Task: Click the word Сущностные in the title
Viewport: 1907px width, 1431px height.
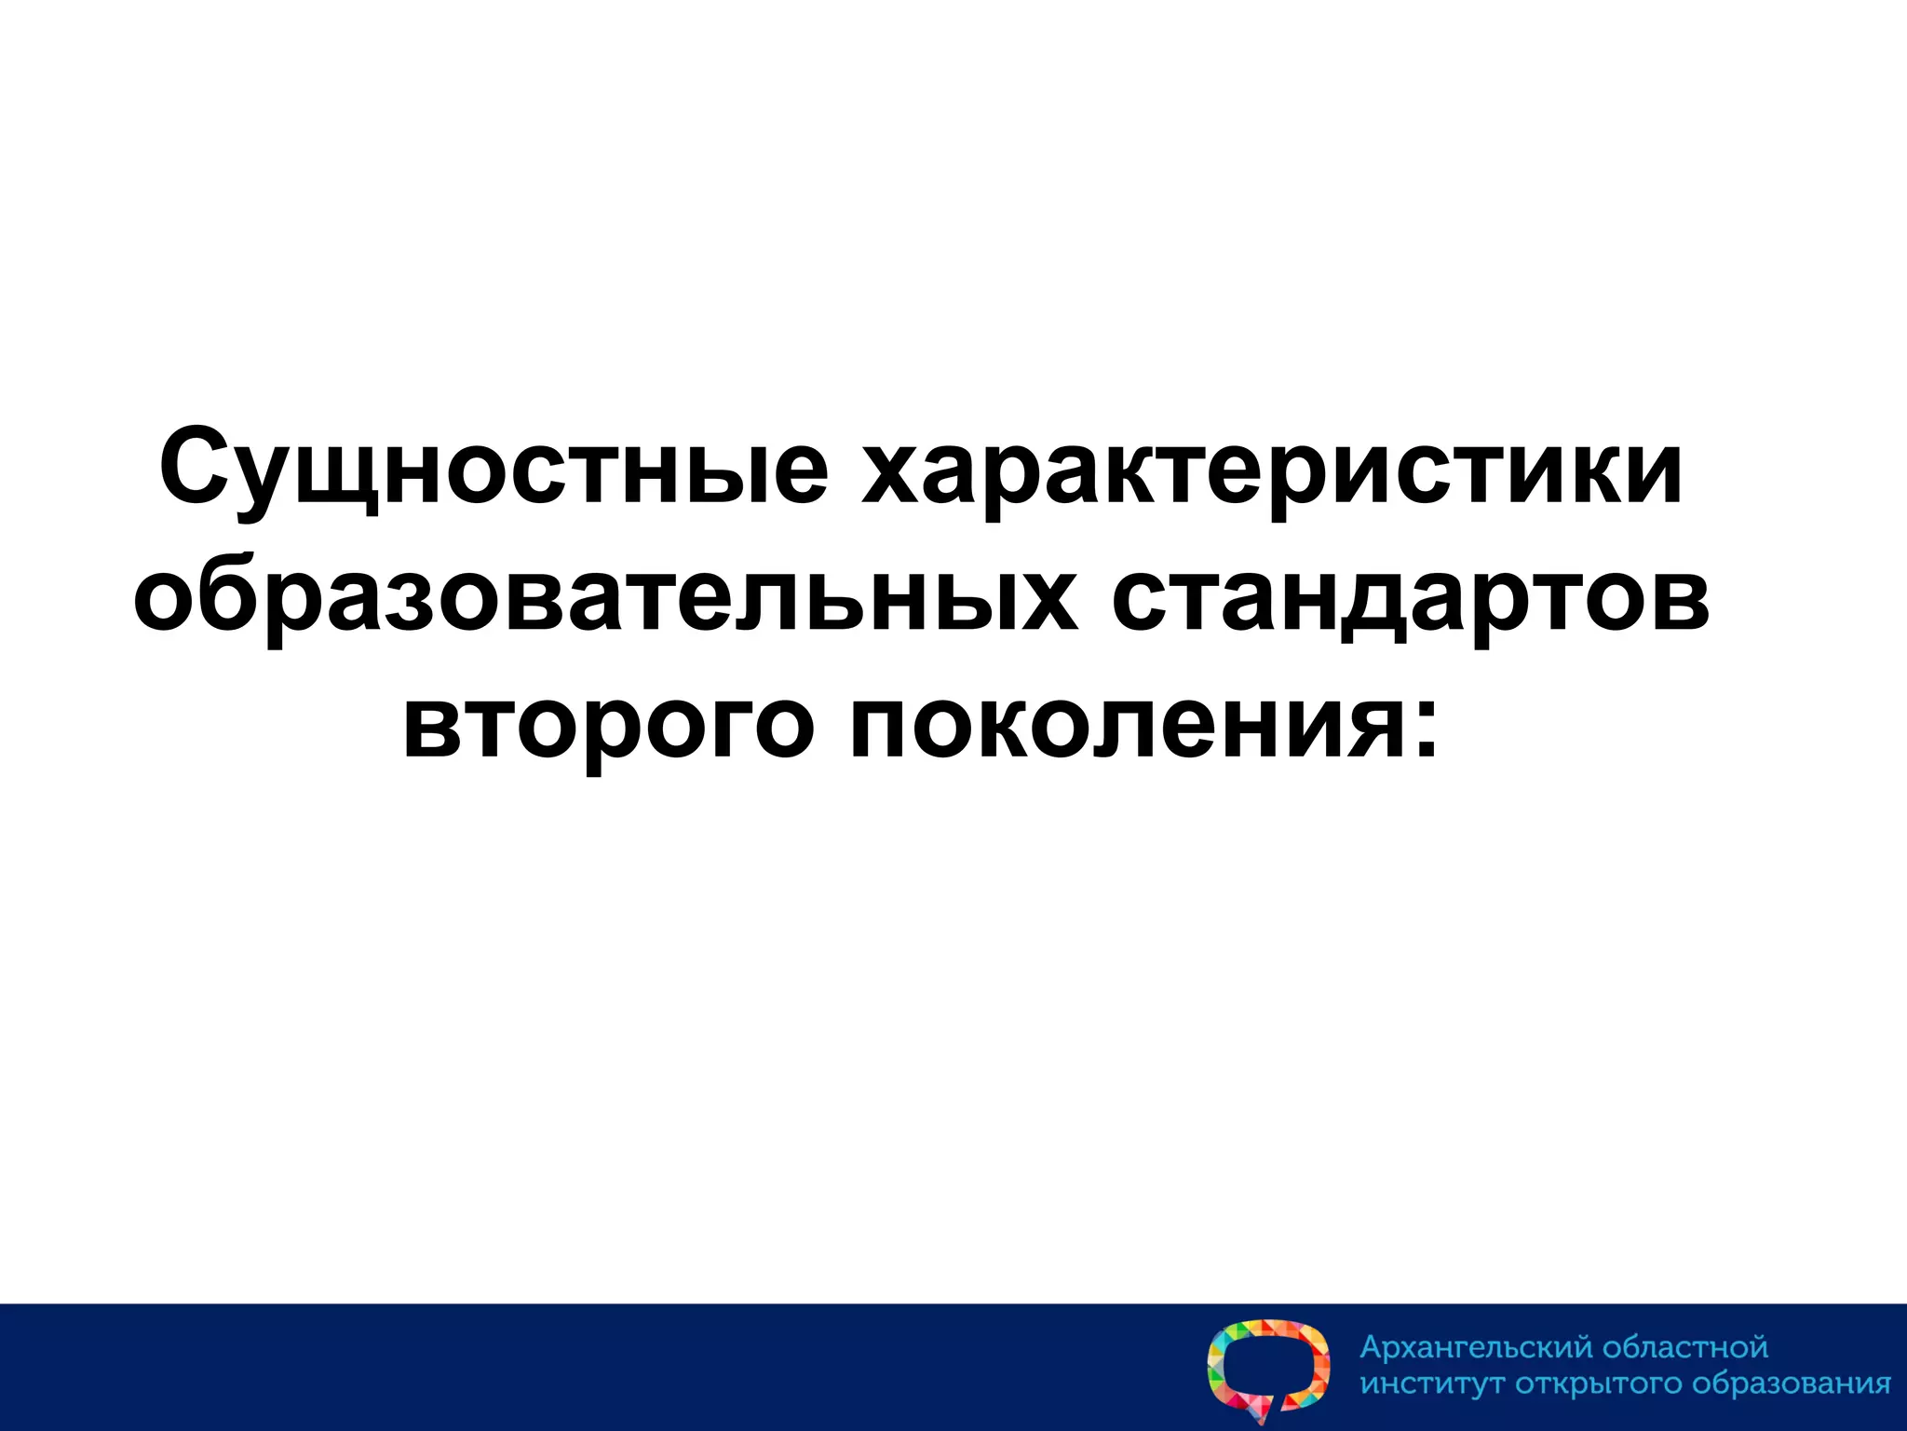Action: tap(493, 466)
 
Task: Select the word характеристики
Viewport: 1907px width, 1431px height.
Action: tap(1272, 466)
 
